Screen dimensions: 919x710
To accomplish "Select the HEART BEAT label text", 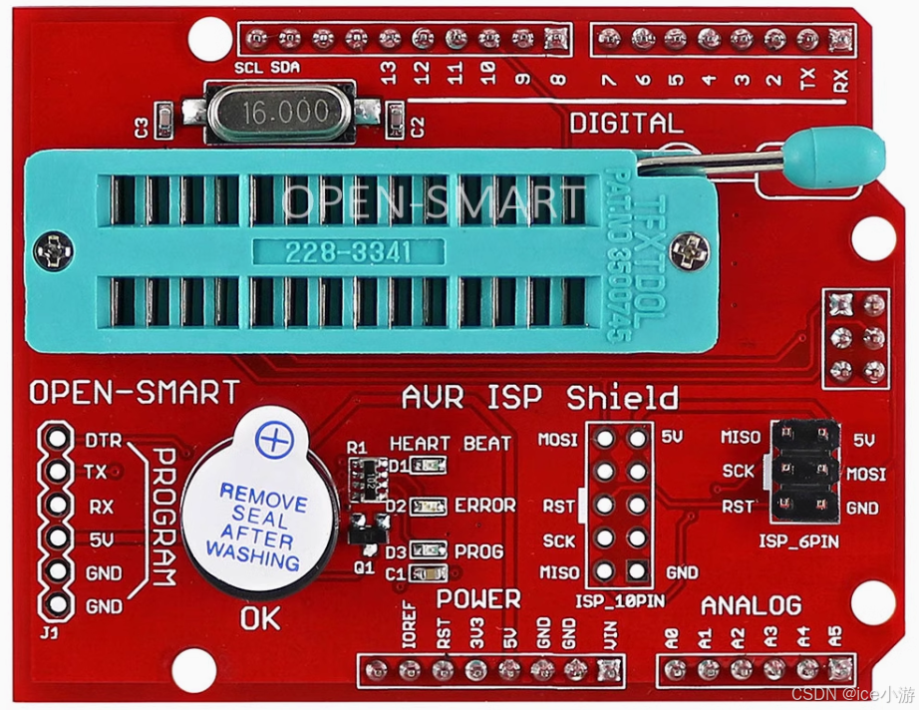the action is (x=451, y=443).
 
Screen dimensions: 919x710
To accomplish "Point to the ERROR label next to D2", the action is (x=485, y=506).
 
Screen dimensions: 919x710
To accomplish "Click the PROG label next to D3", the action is (x=478, y=550).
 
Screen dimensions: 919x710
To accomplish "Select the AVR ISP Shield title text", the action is (x=539, y=398).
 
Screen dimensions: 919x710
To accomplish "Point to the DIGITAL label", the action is (x=626, y=124).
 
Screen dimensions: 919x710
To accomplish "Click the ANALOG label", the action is (x=751, y=605).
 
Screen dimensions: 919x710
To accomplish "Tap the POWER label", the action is (x=478, y=599).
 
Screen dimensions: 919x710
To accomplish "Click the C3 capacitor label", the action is (x=142, y=127).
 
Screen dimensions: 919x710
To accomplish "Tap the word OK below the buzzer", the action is (x=260, y=618).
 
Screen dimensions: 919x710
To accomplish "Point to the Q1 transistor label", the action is (x=364, y=568).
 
